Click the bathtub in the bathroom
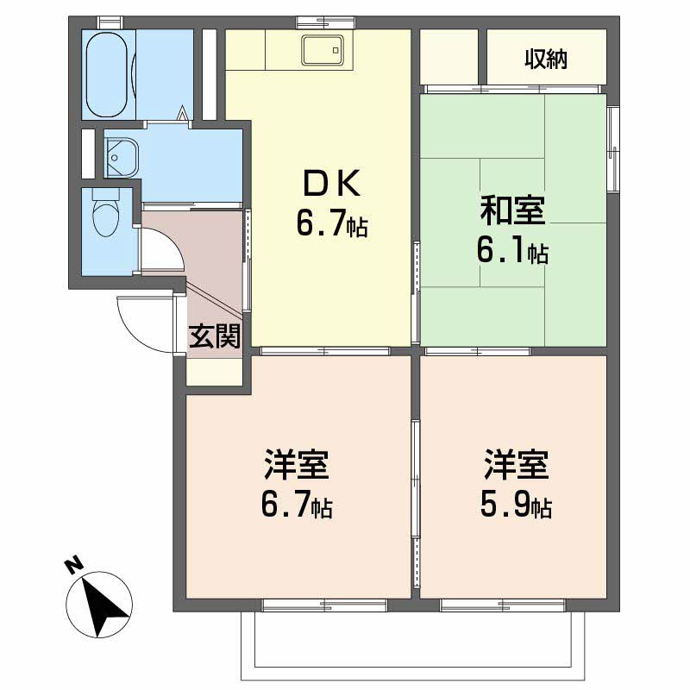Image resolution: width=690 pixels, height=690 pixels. click(108, 75)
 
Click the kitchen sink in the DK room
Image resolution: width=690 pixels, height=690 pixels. click(323, 52)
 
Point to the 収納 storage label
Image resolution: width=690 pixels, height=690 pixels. click(545, 60)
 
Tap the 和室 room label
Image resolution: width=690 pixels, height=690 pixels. click(513, 210)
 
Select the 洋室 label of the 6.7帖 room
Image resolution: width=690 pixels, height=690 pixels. click(296, 466)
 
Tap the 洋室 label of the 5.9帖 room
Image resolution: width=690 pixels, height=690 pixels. click(516, 466)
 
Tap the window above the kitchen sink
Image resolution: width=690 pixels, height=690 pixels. click(309, 21)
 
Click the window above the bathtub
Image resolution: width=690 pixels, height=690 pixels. click(108, 21)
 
